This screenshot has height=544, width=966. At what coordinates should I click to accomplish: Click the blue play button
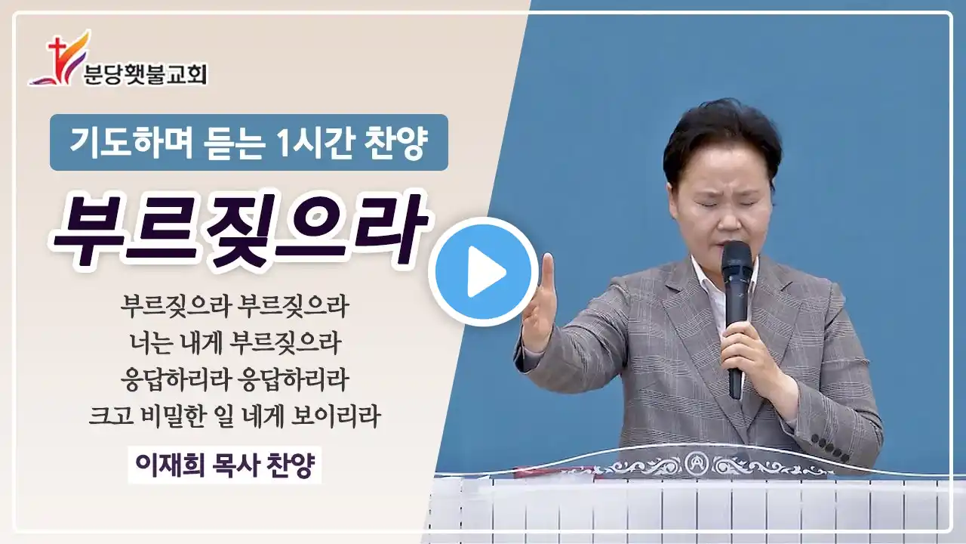[x=483, y=271]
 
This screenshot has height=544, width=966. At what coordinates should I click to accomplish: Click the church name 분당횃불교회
[x=146, y=74]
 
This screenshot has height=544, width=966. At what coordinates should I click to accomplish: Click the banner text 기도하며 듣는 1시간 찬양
[x=248, y=142]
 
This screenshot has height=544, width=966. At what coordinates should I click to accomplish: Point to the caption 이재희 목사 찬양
[x=225, y=465]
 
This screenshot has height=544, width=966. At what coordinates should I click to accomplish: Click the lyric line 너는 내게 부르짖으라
[x=235, y=343]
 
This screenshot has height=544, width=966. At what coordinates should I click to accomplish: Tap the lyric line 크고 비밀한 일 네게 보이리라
[x=235, y=416]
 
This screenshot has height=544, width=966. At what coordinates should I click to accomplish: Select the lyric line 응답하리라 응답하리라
[x=235, y=379]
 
